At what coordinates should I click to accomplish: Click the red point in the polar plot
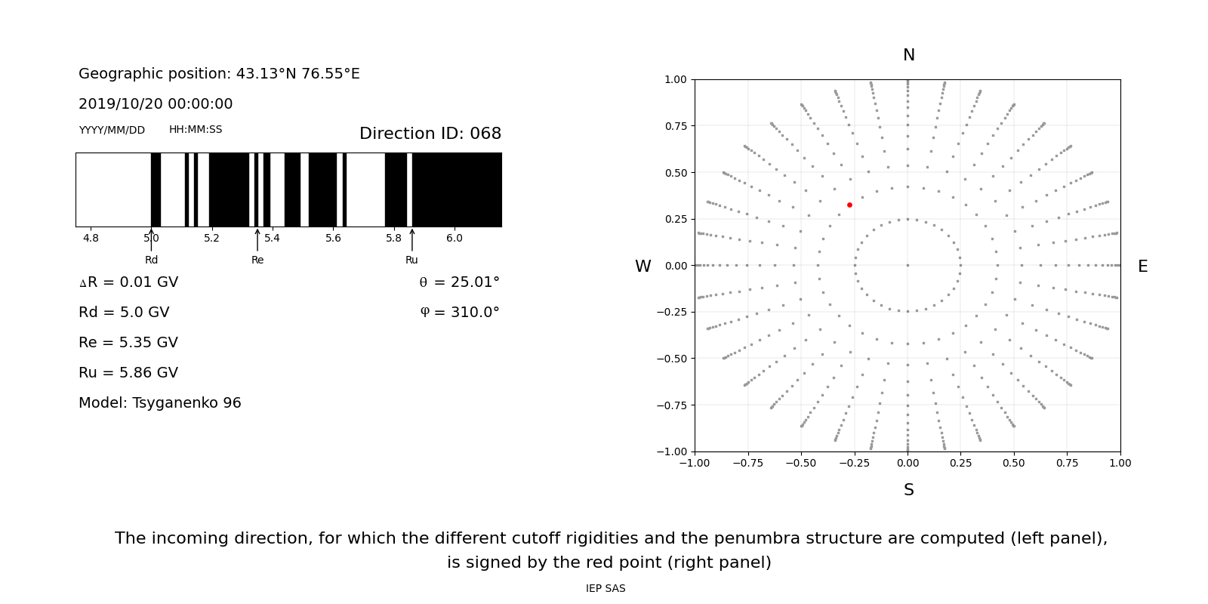click(x=849, y=205)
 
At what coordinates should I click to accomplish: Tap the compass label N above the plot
click(x=908, y=55)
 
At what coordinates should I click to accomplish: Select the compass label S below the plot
click(x=908, y=490)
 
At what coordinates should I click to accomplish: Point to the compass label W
click(x=643, y=267)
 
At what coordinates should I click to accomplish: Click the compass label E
click(x=1142, y=267)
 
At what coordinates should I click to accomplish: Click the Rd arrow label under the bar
click(x=151, y=260)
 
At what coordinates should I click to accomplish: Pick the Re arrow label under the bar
click(x=257, y=260)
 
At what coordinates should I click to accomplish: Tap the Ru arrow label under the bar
click(x=411, y=260)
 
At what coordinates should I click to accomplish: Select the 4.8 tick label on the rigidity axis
click(x=91, y=239)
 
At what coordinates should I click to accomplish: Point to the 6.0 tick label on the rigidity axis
click(x=455, y=239)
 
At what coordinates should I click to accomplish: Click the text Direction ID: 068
click(x=430, y=134)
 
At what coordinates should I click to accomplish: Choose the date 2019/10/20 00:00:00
click(x=156, y=104)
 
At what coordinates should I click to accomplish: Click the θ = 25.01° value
click(x=459, y=282)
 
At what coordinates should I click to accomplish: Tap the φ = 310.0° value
click(x=460, y=313)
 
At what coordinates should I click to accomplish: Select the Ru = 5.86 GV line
click(x=128, y=373)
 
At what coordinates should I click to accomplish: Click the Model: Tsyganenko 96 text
click(x=160, y=403)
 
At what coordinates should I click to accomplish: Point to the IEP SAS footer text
click(x=606, y=588)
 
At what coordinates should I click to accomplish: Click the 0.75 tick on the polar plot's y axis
click(x=675, y=126)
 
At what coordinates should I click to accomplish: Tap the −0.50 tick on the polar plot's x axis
click(x=801, y=463)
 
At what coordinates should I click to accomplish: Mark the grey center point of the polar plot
click(x=908, y=265)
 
